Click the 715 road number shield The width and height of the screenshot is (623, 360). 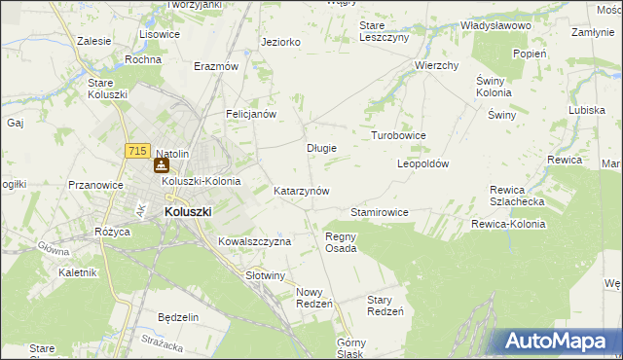click(x=136, y=151)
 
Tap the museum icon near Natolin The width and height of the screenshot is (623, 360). click(x=162, y=166)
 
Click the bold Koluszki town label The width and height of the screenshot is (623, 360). click(x=188, y=210)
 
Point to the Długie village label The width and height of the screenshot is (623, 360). click(x=321, y=148)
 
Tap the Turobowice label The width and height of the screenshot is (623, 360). click(x=398, y=135)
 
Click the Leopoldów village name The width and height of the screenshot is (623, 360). click(x=422, y=164)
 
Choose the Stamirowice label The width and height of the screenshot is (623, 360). click(x=379, y=212)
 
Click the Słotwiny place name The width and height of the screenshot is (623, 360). click(x=266, y=275)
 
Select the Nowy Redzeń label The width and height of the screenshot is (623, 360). click(x=314, y=298)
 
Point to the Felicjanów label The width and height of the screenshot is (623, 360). click(x=252, y=114)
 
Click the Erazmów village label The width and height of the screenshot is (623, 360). click(x=216, y=66)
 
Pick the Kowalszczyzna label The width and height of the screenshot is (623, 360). click(x=255, y=241)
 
